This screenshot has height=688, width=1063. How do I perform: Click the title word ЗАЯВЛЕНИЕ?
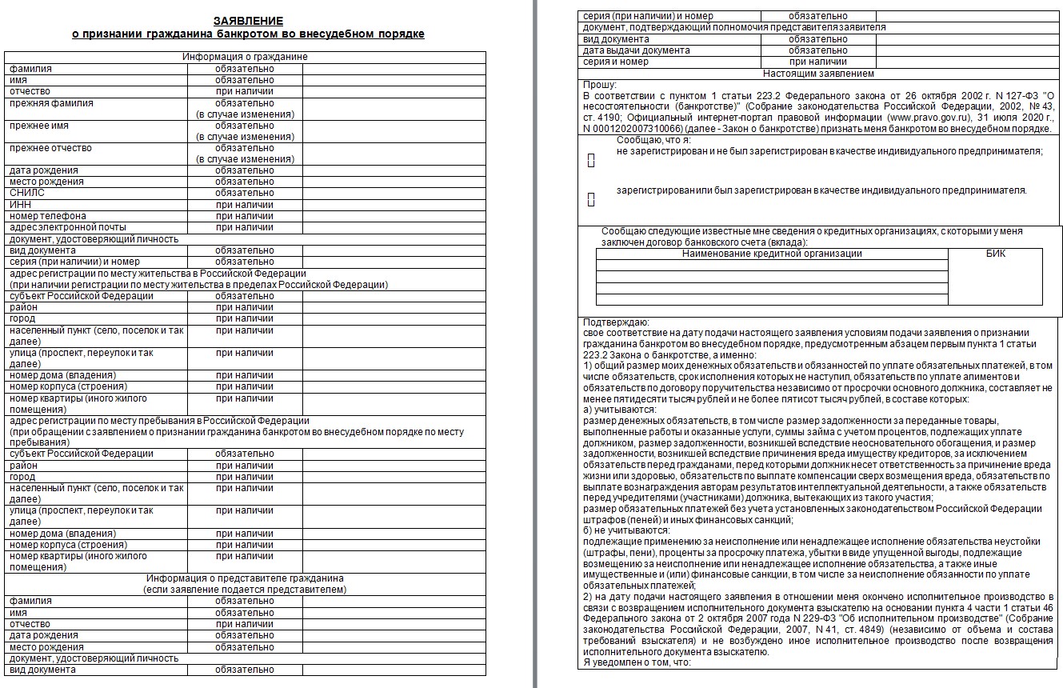(x=248, y=21)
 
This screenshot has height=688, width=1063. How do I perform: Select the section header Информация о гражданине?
(x=245, y=57)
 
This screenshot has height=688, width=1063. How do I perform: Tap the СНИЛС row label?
(x=27, y=193)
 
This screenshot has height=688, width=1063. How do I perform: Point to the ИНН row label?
(x=21, y=205)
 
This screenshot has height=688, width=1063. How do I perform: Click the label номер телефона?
(x=48, y=216)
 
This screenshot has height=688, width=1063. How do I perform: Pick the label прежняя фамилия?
(x=51, y=103)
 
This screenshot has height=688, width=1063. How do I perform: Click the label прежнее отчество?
(x=50, y=148)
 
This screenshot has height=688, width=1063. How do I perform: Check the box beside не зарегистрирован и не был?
(x=591, y=162)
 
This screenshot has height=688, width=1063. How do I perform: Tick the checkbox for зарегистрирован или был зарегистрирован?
(x=591, y=200)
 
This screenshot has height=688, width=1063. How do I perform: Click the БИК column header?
(x=996, y=254)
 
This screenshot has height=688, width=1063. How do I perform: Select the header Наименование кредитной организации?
(x=772, y=254)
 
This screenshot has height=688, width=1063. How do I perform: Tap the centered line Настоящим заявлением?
(x=818, y=74)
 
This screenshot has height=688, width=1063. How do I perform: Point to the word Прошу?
(x=599, y=85)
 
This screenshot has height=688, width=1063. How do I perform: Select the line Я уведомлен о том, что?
(x=637, y=662)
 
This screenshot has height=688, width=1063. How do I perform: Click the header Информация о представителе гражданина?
(x=245, y=578)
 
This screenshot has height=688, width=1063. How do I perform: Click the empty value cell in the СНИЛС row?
(x=394, y=193)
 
